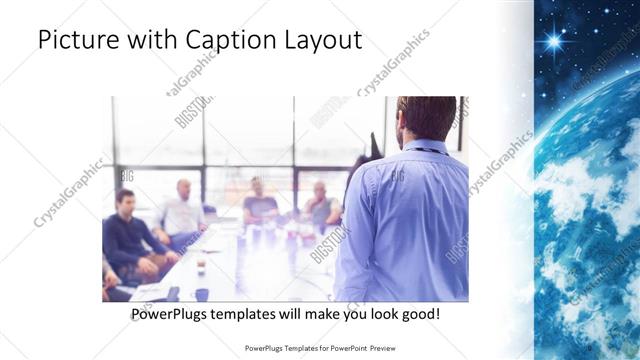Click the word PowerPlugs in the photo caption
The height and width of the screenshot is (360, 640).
(172, 314)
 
